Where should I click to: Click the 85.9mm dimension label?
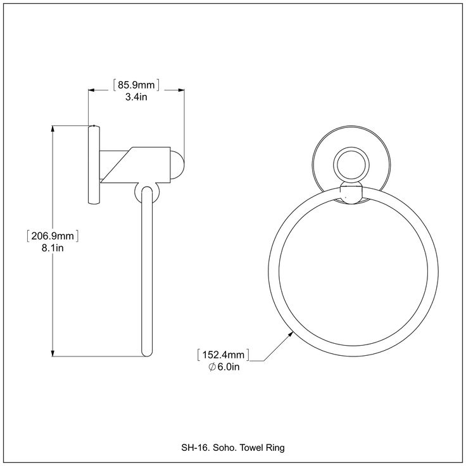click(136, 85)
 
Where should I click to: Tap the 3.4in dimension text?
click(136, 97)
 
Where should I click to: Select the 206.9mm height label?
click(53, 236)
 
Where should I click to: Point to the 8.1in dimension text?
click(53, 248)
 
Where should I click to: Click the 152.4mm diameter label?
click(224, 355)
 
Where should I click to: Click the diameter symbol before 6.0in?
click(212, 367)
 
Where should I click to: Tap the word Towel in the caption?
click(249, 447)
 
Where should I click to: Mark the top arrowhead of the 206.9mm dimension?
click(53, 129)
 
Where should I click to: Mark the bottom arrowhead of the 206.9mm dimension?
click(53, 353)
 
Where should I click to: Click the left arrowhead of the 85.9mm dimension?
click(92, 90)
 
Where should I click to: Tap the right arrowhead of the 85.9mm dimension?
click(181, 90)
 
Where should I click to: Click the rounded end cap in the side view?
click(177, 165)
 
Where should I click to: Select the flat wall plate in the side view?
click(94, 165)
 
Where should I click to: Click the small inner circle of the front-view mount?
click(351, 165)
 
